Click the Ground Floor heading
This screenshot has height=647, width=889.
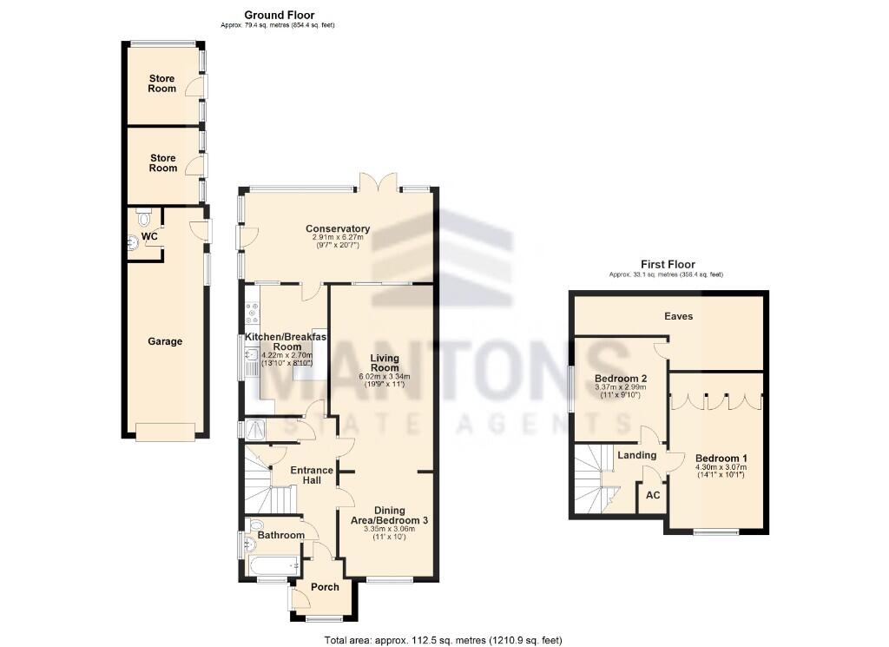pos(279,15)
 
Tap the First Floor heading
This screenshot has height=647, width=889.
pos(668,264)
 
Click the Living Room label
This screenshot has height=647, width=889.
pos(383,362)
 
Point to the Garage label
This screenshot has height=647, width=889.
pos(165,341)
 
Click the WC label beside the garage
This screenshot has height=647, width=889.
pos(149,235)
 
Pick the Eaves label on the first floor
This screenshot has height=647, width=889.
pos(678,316)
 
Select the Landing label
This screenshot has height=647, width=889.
pos(635,454)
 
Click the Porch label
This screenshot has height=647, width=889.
pos(325,587)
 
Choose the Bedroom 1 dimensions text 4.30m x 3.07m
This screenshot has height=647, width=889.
pos(721,466)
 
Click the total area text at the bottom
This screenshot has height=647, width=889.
pos(444,640)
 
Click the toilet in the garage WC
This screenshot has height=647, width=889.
pos(144,212)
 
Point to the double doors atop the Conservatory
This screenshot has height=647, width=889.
pos(378,182)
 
